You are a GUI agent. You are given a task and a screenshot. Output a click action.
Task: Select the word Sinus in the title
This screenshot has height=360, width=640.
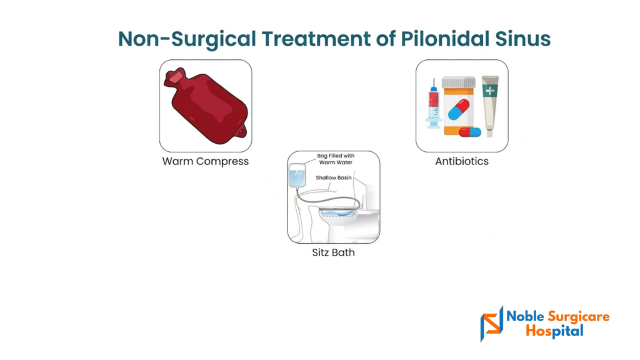pos(523,39)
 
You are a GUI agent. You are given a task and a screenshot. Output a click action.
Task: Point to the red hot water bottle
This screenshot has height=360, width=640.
pos(206,106)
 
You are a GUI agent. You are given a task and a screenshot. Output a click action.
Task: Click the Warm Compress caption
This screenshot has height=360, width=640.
pos(205,161)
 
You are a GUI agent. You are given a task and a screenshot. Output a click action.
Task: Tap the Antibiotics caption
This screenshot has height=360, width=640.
pos(462,161)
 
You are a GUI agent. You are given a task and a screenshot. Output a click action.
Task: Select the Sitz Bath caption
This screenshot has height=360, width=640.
pos(334,252)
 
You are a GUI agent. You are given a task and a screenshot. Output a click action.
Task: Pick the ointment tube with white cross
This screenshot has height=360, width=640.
pos(490,105)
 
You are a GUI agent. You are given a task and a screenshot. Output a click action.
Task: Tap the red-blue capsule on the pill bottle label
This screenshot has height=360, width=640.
pos(459,110)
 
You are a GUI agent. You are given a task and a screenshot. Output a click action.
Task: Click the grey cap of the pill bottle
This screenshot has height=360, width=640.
pos(459,82)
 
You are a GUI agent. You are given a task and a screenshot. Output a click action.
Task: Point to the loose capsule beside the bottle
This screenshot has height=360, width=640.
pos(470,132)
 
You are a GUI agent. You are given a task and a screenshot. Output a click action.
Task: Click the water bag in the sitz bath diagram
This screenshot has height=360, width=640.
pos(297,176)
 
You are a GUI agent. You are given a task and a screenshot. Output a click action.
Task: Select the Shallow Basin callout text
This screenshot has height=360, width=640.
pos(334,177)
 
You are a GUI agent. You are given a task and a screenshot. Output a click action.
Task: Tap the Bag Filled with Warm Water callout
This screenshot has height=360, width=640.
pos(336,159)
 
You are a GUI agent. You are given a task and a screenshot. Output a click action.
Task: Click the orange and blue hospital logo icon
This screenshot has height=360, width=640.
pos(491,324)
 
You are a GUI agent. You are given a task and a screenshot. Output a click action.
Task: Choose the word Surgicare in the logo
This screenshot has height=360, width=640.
pos(578,317)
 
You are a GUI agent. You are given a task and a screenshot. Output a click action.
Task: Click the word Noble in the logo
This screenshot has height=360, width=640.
pos(525,316)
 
